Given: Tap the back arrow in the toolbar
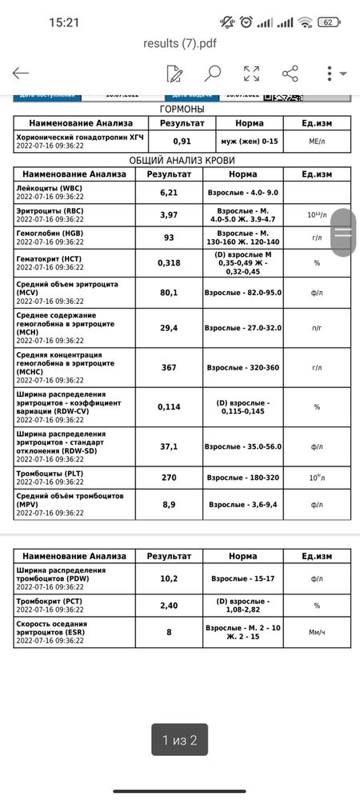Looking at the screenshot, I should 21,74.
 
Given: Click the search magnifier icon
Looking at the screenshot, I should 212,74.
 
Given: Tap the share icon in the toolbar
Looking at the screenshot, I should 290,74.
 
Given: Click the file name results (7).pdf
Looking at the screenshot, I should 179,43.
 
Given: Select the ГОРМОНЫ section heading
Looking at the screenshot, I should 182,109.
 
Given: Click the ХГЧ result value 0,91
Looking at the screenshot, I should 182,141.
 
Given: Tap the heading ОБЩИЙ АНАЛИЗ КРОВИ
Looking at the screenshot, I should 182,161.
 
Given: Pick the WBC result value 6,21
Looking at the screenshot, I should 168,193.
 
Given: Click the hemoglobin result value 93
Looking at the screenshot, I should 168,238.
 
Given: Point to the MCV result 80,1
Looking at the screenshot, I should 168,293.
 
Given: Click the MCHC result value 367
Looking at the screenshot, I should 168,367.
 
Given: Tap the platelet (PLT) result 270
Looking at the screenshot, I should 168,478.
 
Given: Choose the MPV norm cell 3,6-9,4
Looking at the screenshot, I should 242,505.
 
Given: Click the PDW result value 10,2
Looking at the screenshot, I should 168,578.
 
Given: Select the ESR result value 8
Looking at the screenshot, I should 168,632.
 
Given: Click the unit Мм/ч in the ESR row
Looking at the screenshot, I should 317,632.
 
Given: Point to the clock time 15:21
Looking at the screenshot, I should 64,22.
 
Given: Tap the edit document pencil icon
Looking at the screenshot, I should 174,74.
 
